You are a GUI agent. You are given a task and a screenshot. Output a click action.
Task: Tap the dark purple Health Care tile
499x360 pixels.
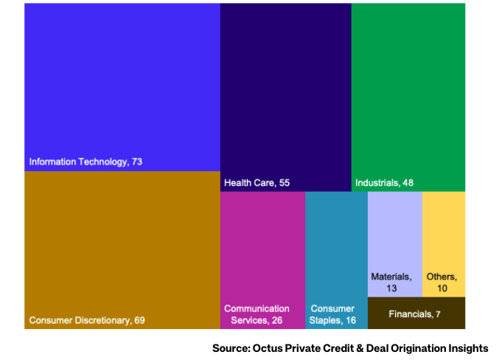coord(285,92)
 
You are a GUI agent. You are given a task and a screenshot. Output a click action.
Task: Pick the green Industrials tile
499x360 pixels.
coord(408,92)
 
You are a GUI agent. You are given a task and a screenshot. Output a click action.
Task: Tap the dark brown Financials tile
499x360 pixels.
coord(416,314)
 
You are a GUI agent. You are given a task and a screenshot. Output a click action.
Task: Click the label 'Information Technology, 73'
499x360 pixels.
coord(86,162)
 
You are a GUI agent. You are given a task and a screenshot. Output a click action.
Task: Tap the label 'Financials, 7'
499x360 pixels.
coord(414,314)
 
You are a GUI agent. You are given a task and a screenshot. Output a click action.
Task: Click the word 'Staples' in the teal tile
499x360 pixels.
coord(325,320)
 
